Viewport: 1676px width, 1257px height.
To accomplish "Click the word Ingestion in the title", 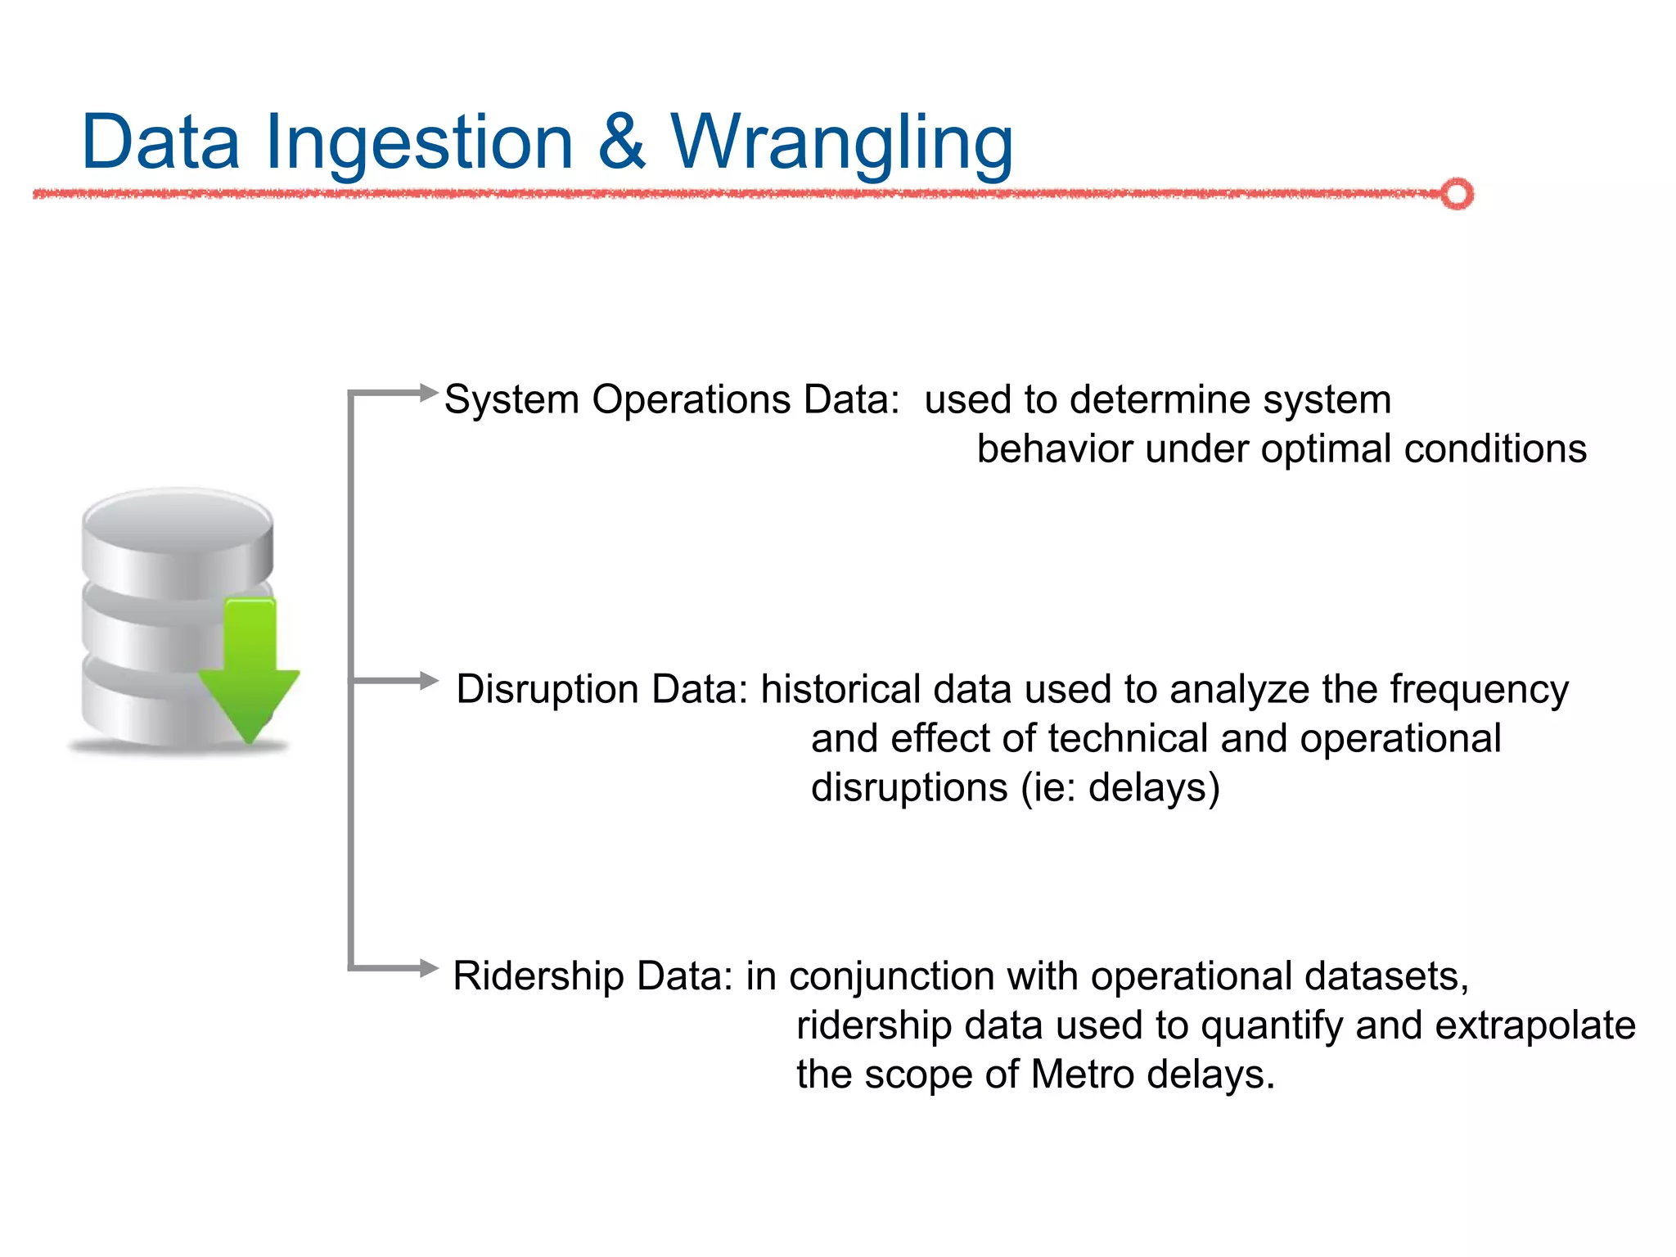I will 418,144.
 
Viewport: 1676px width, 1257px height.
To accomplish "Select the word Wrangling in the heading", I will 842,144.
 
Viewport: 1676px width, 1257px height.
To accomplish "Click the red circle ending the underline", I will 1457,194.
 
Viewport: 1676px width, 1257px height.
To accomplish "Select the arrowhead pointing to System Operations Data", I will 428,393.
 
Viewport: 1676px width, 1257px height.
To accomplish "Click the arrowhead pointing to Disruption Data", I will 428,680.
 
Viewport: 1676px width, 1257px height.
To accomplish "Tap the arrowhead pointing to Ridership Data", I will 428,968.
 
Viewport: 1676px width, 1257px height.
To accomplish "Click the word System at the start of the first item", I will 511,401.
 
